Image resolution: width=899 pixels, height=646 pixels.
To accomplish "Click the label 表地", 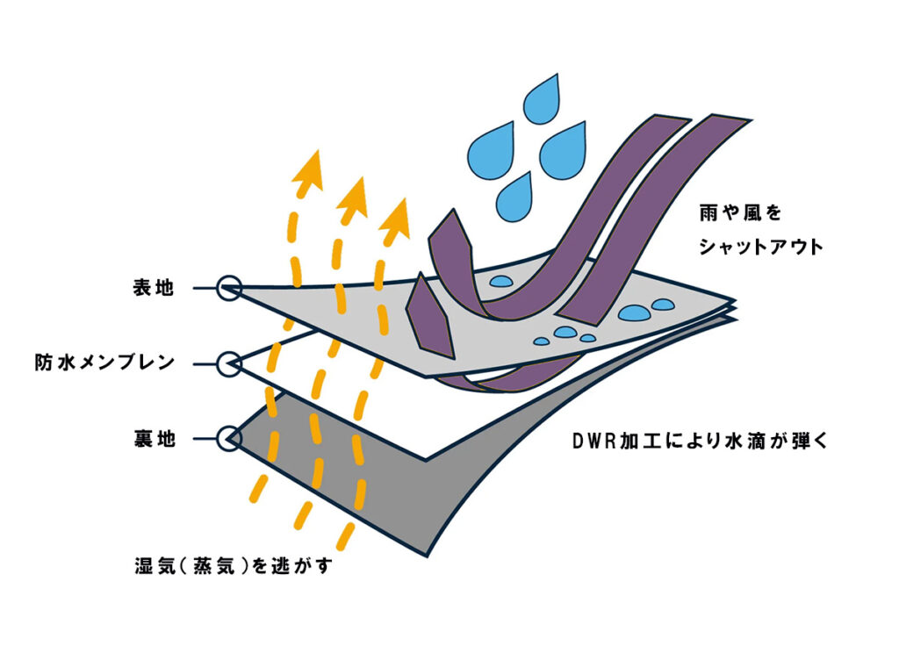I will pyautogui.click(x=151, y=288).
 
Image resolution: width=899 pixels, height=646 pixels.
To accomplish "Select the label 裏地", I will pyautogui.click(x=151, y=437).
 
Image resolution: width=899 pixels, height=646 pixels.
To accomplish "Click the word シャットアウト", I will pyautogui.click(x=760, y=248).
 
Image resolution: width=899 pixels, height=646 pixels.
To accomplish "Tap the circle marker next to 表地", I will pyautogui.click(x=228, y=288).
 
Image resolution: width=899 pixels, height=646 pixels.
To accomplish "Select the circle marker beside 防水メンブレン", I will pyautogui.click(x=228, y=362).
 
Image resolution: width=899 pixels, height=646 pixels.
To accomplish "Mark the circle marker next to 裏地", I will pyautogui.click(x=228, y=437).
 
